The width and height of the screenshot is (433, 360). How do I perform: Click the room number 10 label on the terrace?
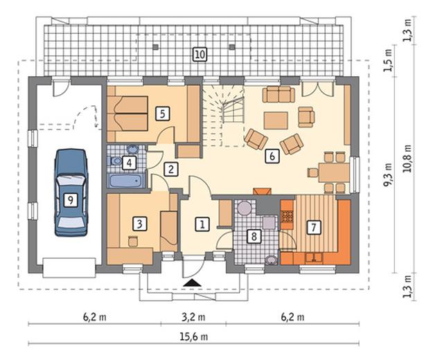pos(200,54)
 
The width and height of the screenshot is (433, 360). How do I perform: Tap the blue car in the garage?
pos(71,193)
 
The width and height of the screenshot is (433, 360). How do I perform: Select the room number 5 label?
pos(162,114)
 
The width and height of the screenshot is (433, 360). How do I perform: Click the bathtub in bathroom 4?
pos(126,181)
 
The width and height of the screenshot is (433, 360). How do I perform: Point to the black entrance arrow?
pos(193,282)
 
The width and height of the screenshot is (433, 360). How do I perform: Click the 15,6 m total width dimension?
pos(193,336)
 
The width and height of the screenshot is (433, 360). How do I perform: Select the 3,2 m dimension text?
pos(193,317)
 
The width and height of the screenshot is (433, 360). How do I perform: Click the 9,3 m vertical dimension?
pos(388,174)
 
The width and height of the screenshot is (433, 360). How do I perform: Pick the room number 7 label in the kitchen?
pos(314,227)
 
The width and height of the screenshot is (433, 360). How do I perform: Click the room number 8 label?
pos(254,236)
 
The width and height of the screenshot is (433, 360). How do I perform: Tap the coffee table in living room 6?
pos(276,120)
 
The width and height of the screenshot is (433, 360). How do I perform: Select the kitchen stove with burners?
pos(287,216)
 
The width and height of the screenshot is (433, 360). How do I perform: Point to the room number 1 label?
pos(202,224)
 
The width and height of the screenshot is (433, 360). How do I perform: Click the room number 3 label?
pos(139,224)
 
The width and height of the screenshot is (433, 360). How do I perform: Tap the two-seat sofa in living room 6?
pos(279,94)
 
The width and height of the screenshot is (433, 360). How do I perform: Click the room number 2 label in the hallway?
pos(170,169)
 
